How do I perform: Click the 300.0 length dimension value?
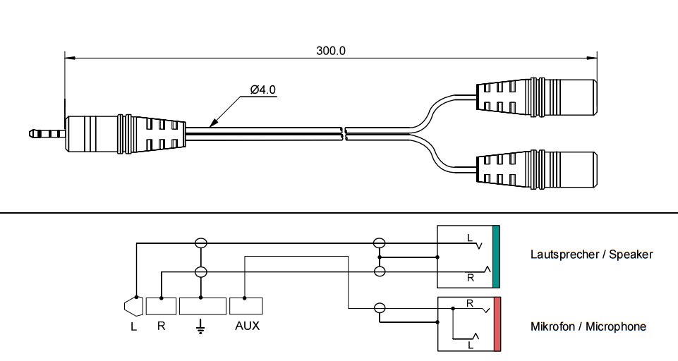(x=330, y=51)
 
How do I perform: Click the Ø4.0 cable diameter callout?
(x=262, y=91)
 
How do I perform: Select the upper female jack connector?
(x=535, y=97)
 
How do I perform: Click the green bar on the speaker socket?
(x=496, y=257)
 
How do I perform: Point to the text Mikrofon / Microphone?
(x=588, y=326)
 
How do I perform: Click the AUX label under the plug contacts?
(x=247, y=327)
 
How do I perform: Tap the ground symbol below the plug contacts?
(x=201, y=326)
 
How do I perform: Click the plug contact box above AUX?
(x=246, y=306)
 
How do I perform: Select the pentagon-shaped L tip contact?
(x=132, y=307)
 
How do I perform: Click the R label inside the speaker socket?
(x=470, y=278)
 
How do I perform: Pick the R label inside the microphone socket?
(x=468, y=304)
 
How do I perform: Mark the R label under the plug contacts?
(x=162, y=327)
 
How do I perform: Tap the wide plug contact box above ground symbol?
(x=202, y=306)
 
